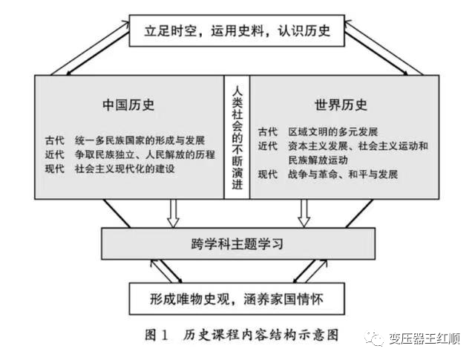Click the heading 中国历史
(128, 105)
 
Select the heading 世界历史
(341, 105)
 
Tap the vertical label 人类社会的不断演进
(237, 138)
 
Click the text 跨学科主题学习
(237, 244)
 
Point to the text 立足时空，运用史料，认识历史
(237, 31)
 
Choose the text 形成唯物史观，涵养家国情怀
(237, 299)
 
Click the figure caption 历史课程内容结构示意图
(261, 336)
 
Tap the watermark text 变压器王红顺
(425, 338)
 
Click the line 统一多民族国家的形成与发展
(140, 140)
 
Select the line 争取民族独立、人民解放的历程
(145, 154)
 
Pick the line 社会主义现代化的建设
(125, 168)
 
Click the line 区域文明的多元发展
(333, 132)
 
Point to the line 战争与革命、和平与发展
(343, 174)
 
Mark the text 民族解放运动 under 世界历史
(318, 160)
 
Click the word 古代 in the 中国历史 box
(55, 140)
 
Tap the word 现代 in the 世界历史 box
(268, 174)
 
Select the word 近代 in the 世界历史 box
(268, 146)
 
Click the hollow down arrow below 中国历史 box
(173, 213)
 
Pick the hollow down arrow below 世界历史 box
(304, 213)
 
